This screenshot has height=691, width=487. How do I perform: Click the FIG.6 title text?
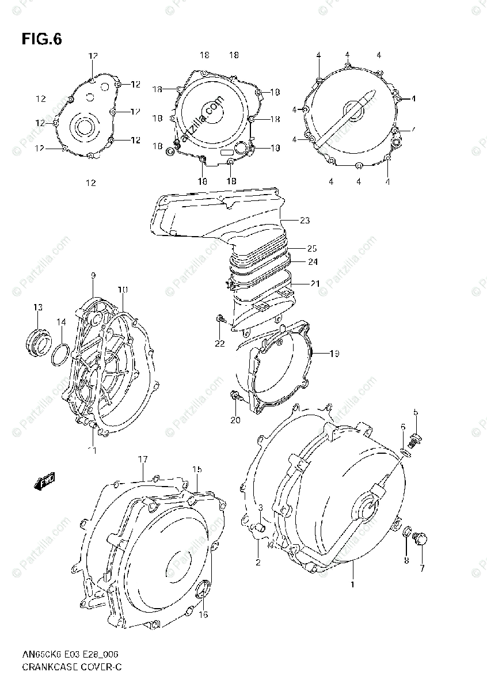[41, 39]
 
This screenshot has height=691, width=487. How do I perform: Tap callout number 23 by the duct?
[305, 219]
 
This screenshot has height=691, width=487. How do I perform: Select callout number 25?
[311, 249]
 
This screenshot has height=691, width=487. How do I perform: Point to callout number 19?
[334, 353]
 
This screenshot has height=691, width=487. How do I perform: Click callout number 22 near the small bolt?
[219, 343]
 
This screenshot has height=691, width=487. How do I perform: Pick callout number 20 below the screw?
[235, 420]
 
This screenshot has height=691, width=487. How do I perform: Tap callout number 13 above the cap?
[37, 307]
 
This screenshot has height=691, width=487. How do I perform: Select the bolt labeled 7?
[421, 540]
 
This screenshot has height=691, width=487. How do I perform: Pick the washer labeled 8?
[407, 536]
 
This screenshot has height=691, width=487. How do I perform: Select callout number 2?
[258, 561]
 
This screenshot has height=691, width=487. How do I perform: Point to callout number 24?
[311, 261]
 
